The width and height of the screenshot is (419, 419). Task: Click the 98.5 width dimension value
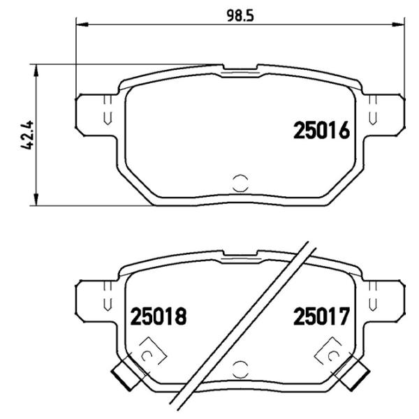[239, 14]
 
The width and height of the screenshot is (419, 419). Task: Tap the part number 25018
[159, 317]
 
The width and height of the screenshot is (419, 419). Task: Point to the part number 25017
[321, 317]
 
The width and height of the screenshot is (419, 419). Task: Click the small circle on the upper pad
[239, 182]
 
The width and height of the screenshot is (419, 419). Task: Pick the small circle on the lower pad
[239, 370]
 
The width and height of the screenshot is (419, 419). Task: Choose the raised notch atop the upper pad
[240, 69]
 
